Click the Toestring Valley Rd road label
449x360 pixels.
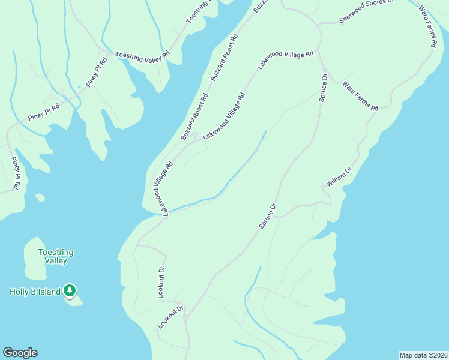point(143,55)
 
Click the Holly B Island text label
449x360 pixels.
point(35,292)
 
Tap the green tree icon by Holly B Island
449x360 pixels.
point(70,291)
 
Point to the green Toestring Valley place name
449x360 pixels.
point(52,257)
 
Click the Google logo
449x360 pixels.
point(20,353)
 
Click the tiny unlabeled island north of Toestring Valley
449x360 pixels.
point(40,197)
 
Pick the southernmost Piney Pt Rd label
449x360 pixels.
point(16,174)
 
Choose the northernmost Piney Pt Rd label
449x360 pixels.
point(96,72)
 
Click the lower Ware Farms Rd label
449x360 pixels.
point(360,97)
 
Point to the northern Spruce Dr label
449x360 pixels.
point(322,88)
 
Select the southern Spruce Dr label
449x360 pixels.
point(268,216)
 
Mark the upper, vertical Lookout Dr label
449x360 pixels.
point(161,278)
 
